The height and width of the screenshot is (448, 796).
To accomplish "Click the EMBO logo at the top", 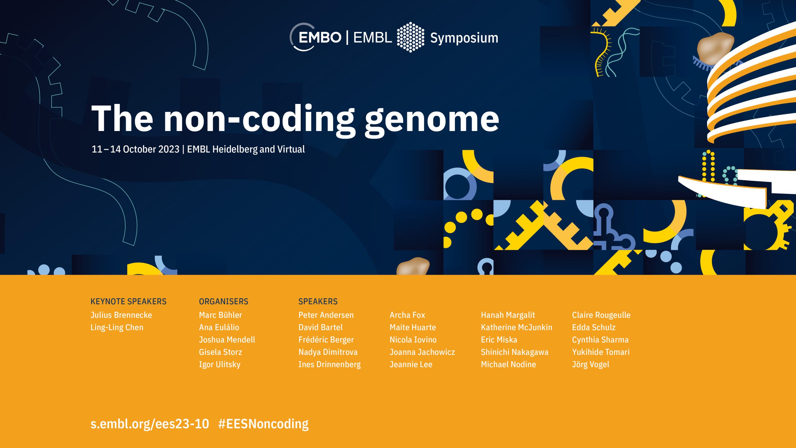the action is [316, 37].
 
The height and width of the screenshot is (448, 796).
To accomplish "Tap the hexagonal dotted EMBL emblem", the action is [410, 37].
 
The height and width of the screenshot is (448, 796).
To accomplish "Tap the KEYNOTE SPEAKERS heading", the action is [128, 301].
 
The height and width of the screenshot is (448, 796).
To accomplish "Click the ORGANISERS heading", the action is [224, 301].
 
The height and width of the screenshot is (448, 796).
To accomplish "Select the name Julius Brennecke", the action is [121, 315].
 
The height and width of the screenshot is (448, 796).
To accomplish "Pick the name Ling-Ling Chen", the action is [117, 328].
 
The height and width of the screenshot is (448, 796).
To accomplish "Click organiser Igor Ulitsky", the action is [220, 365].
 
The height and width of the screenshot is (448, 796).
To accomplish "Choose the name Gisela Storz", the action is [220, 352].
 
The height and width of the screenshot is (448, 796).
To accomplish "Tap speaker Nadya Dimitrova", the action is [328, 352].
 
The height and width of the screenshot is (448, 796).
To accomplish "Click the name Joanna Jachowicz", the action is [422, 352].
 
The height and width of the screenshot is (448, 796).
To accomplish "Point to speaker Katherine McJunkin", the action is [516, 327].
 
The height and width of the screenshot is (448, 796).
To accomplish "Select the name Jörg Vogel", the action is [590, 365].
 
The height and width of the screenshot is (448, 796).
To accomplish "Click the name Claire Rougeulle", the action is [601, 315].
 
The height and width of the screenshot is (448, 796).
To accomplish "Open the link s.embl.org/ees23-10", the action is [150, 424].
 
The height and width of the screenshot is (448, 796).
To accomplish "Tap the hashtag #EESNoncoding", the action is [263, 424].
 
